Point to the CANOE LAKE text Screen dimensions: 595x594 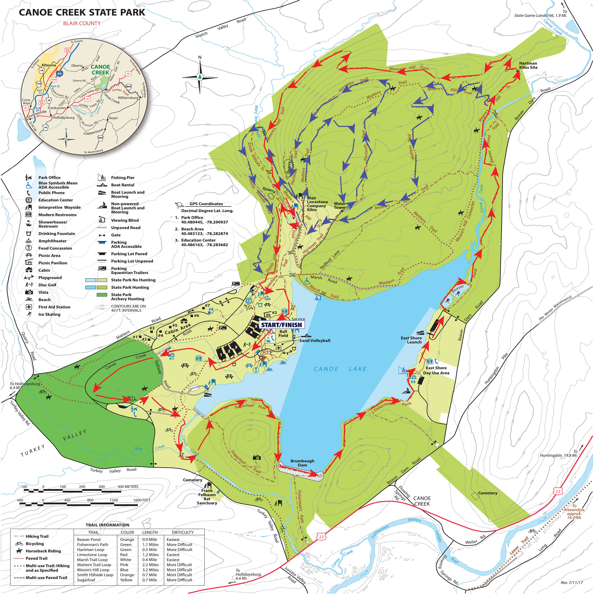(x=340, y=369)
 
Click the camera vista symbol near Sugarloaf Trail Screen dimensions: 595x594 (x=257, y=457)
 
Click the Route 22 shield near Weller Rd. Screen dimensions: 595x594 (x=558, y=491)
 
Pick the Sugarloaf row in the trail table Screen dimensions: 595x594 (x=86, y=580)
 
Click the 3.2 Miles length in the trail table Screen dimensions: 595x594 (x=150, y=570)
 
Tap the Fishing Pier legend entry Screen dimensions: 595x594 (x=122, y=178)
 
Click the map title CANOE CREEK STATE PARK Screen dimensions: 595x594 (x=82, y=12)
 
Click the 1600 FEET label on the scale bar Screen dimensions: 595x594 (x=142, y=500)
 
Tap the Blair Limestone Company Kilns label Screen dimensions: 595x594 (x=317, y=204)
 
